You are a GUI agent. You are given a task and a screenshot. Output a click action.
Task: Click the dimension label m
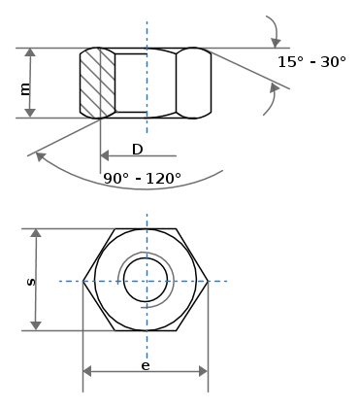coord(25,88)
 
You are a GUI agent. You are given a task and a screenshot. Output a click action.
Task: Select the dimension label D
coord(138,150)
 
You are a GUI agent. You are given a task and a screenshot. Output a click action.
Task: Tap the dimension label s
coord(31,282)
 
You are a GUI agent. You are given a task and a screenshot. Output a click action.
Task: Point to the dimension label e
coord(146,365)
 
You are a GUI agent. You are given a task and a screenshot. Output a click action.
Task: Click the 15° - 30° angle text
coord(311,61)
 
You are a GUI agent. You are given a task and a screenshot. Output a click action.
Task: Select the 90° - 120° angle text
coord(142,178)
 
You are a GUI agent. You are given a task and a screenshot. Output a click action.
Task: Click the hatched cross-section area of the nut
coord(97,83)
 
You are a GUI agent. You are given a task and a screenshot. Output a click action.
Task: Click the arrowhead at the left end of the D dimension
coord(105,155)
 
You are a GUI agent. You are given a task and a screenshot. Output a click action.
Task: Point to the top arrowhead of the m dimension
coord(30,52)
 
